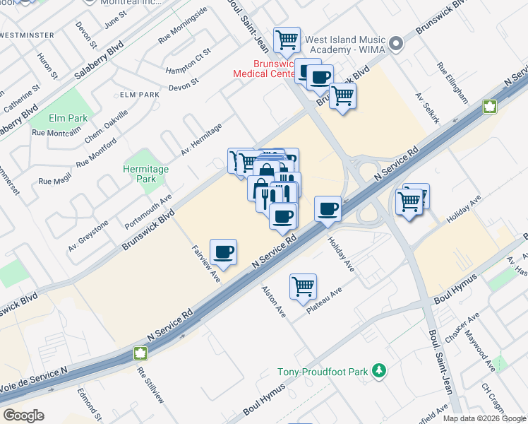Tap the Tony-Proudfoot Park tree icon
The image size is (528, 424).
[x=380, y=371]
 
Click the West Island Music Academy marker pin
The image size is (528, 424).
[x=395, y=44]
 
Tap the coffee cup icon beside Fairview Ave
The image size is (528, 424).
[x=224, y=252]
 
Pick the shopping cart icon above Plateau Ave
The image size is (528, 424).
[x=303, y=287]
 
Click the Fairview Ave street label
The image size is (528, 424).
[x=206, y=264]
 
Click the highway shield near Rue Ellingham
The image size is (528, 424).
[x=488, y=107]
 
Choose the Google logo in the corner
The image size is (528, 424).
[x=23, y=416]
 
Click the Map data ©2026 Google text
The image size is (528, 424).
[x=484, y=418]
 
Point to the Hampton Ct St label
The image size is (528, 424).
[x=188, y=62]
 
